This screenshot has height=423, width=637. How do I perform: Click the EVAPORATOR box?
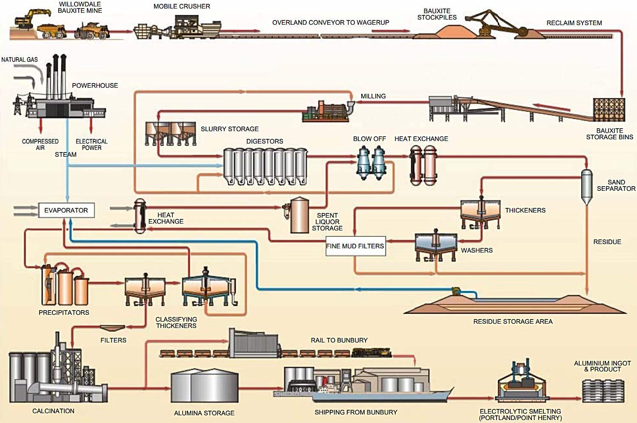(x=66, y=210)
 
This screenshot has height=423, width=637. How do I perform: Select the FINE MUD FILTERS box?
(x=355, y=246)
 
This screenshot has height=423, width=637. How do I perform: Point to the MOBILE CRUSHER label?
(x=182, y=6)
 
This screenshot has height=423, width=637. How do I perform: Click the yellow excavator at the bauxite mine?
(x=26, y=19)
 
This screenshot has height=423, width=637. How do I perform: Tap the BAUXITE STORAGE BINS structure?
(x=609, y=110)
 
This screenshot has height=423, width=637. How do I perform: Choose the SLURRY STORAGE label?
(x=229, y=129)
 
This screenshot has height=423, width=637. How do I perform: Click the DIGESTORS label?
(x=264, y=141)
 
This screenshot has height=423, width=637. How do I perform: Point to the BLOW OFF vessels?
(x=371, y=163)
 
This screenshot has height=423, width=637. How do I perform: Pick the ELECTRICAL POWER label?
(x=91, y=144)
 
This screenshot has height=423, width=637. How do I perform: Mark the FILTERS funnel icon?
(x=112, y=328)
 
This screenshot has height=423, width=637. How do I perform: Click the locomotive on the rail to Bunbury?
(x=371, y=353)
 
